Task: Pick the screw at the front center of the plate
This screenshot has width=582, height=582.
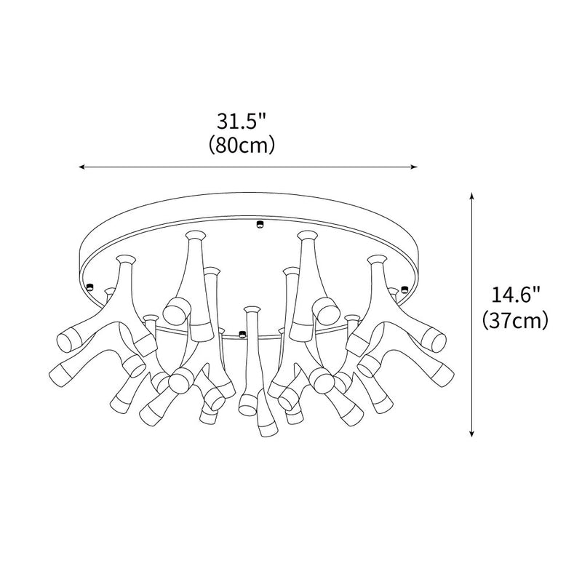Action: click(243, 335)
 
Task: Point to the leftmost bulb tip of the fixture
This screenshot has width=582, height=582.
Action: click(63, 337)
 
